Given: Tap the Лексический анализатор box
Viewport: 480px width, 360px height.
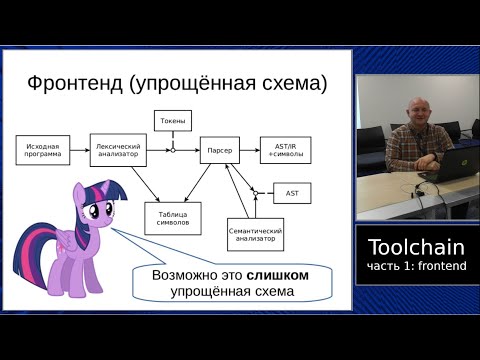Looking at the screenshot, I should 118,150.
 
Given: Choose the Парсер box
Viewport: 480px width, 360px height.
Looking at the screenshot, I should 220,150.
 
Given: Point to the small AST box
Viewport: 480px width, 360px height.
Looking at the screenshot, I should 292,192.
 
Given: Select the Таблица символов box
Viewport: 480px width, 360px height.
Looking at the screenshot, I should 172,218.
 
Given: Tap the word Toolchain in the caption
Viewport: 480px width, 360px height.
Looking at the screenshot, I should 416,247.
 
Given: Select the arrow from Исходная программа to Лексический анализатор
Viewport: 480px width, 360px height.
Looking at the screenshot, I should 81,150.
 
